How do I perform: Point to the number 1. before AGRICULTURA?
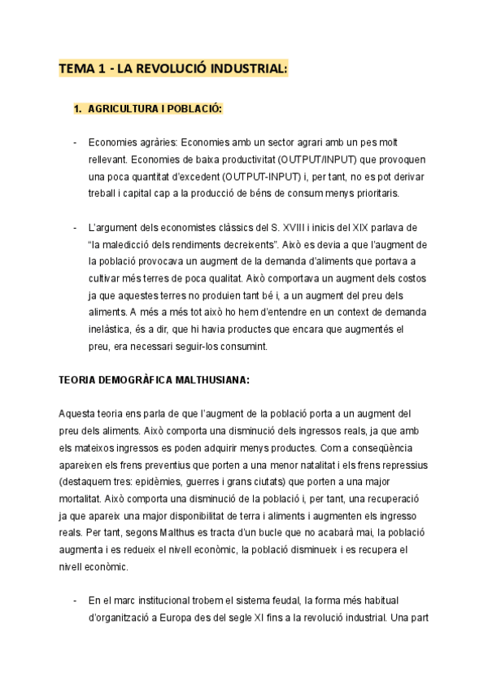point(78,108)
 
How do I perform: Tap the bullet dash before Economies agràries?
point(76,143)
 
